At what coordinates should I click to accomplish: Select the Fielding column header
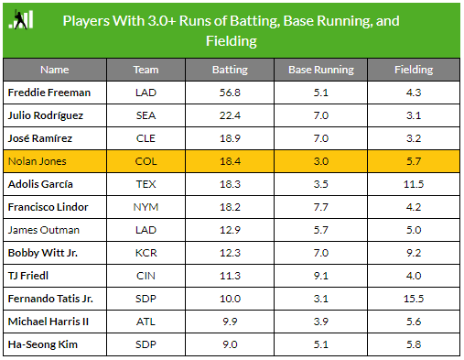(414, 70)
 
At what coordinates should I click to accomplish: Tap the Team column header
(146, 70)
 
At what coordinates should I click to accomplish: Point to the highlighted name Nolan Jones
(32, 161)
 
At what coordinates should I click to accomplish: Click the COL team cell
(146, 161)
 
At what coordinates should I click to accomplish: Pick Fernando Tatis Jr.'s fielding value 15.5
(414, 299)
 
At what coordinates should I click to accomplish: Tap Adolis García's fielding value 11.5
(414, 184)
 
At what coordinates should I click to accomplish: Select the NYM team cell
(146, 207)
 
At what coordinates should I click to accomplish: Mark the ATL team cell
(146, 322)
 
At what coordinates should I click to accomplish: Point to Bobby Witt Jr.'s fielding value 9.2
(414, 253)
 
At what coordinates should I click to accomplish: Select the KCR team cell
(146, 253)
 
